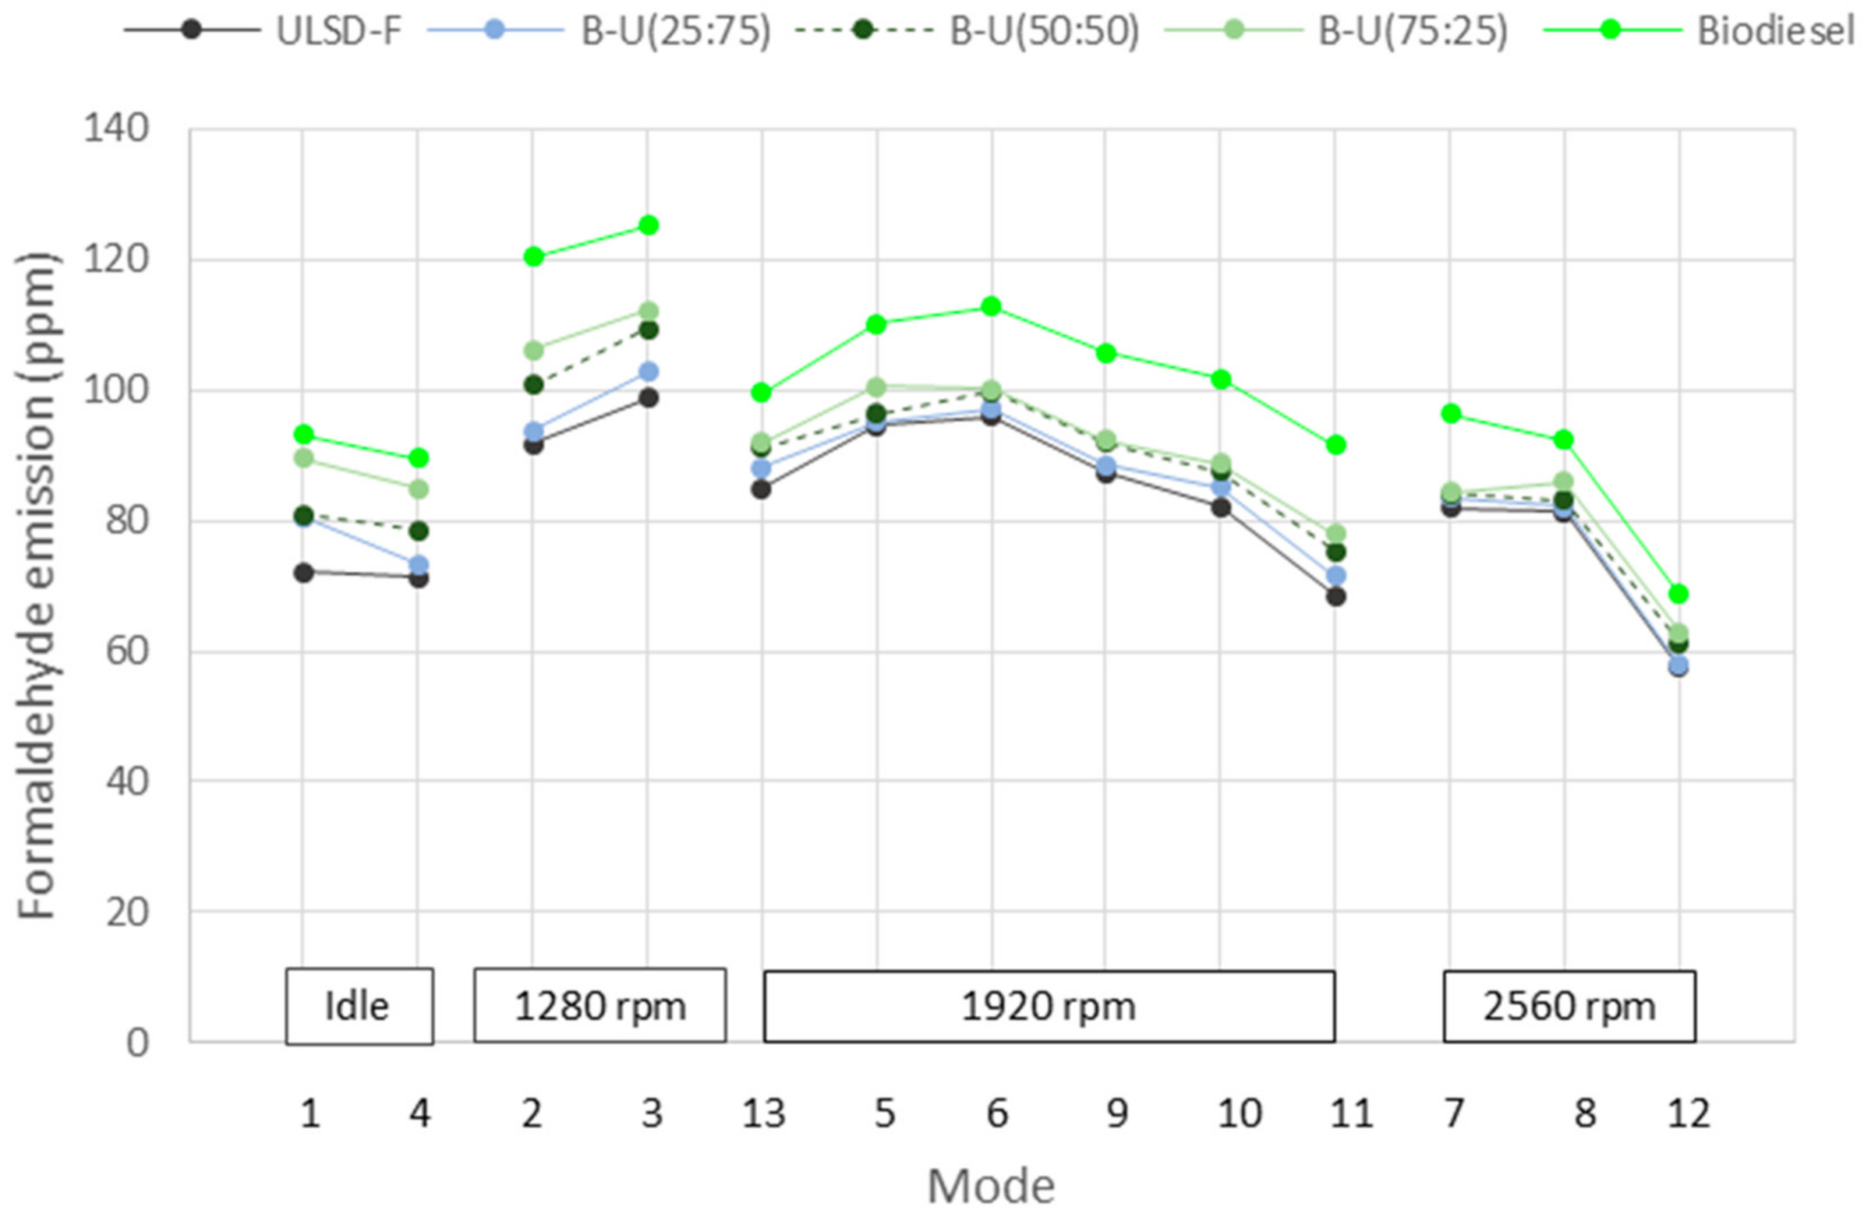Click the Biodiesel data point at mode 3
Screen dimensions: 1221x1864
pos(648,225)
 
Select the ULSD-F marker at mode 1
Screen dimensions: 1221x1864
pos(303,573)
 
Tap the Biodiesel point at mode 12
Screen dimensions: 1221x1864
pos(1678,594)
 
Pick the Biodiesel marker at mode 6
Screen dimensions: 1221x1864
pos(991,307)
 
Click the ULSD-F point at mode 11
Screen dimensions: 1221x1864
pos(1335,597)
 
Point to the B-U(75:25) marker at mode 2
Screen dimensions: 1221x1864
pos(533,351)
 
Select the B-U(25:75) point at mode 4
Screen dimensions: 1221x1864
pos(418,565)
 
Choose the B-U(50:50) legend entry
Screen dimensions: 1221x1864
pos(1043,31)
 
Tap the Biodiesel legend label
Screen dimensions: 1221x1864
pos(1774,31)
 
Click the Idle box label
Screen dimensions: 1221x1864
pos(358,1006)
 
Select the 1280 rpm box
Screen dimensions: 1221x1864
pos(600,1006)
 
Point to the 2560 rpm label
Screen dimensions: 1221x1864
pos(1568,1006)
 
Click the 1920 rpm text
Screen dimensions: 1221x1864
pos(1048,1006)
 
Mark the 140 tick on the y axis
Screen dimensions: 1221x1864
pos(116,129)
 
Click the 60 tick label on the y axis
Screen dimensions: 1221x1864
pos(126,652)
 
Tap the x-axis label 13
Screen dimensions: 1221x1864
pos(762,1114)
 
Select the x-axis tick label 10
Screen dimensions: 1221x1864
pos(1238,1114)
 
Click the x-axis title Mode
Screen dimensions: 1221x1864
pos(990,1186)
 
